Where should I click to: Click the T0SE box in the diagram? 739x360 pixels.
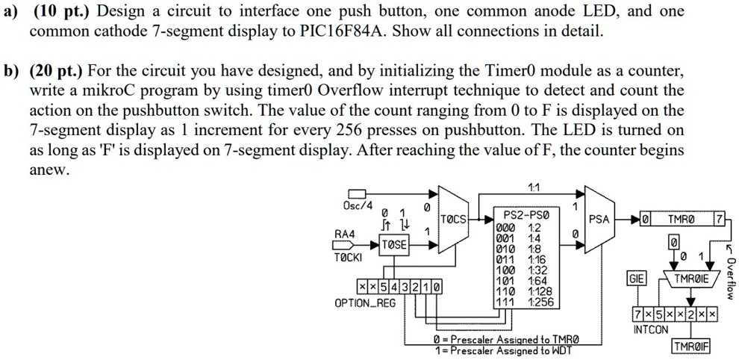point(395,244)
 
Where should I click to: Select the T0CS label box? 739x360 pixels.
point(454,220)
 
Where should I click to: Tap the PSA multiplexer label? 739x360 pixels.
point(599,220)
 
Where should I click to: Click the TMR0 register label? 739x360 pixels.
point(680,220)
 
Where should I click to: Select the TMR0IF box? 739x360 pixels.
point(690,347)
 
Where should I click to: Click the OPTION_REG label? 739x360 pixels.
point(365,302)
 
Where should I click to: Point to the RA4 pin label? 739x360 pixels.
point(345,233)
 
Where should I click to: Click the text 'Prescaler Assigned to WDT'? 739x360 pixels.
point(517,350)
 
